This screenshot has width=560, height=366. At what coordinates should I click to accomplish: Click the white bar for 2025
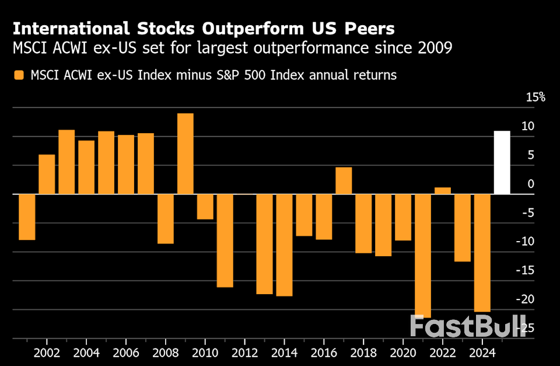coord(502,162)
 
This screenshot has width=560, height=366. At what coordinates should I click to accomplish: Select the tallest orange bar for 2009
coord(185,154)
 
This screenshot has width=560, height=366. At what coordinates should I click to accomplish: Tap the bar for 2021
coord(423,256)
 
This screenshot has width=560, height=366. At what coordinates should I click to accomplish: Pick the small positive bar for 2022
coord(443,190)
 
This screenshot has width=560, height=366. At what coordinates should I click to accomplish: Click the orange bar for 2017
coord(344,180)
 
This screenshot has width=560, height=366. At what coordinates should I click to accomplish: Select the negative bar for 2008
coord(166,218)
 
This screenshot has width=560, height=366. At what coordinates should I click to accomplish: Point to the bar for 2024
coord(482,253)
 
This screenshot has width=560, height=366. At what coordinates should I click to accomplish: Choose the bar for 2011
coord(225,240)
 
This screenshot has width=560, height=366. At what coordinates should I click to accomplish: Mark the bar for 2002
coord(47,174)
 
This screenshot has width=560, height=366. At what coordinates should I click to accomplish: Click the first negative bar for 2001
coord(27,217)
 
